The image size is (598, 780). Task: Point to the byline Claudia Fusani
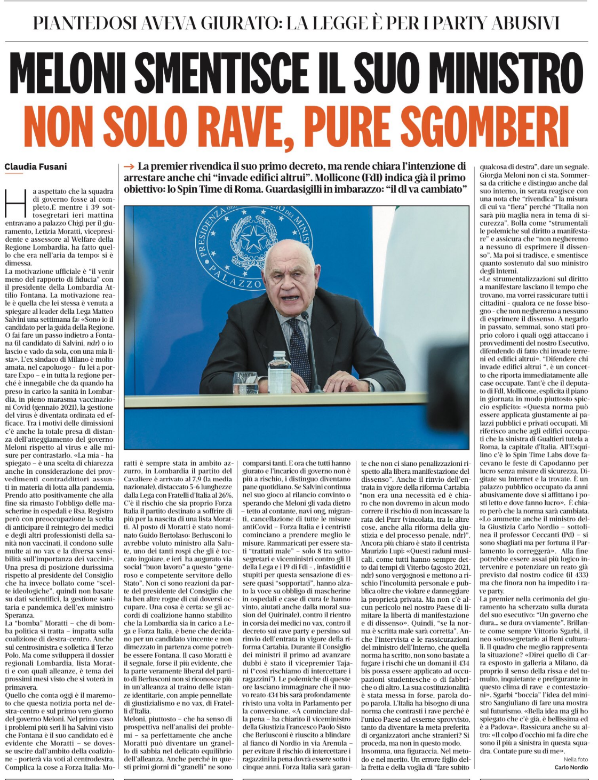tap(36, 166)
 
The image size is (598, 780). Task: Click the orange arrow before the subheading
tap(129, 166)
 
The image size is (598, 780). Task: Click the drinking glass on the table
tap(245, 383)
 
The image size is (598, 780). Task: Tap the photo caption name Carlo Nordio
tap(570, 767)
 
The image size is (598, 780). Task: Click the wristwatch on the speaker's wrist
tap(370, 385)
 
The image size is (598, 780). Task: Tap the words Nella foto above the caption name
tap(576, 759)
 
